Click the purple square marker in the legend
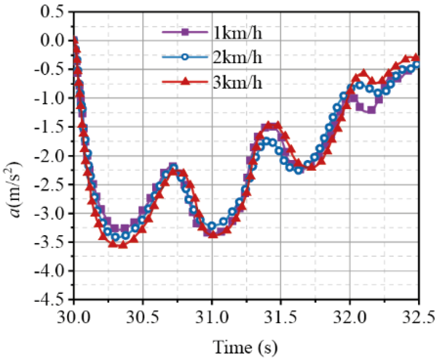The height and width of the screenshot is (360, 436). click(x=185, y=33)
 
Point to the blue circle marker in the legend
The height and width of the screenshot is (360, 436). click(x=185, y=57)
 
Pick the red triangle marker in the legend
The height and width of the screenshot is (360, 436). click(x=185, y=82)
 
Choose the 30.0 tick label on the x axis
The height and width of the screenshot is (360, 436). click(x=74, y=318)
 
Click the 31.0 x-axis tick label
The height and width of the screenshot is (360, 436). click(x=212, y=318)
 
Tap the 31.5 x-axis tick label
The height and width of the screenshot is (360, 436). click(x=281, y=318)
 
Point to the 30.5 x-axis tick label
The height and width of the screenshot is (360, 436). click(x=143, y=318)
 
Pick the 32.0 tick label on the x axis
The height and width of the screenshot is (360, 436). click(x=350, y=318)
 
